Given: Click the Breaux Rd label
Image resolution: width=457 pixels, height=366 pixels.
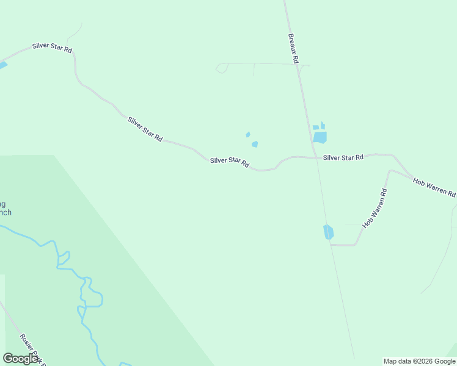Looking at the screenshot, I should click(x=293, y=49).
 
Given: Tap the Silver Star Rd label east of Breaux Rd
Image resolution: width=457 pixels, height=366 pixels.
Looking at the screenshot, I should click(x=343, y=157).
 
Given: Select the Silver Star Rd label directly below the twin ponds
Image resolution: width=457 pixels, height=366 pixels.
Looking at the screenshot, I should click(x=230, y=162).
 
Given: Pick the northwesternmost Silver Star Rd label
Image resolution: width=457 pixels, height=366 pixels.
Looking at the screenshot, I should click(x=53, y=47).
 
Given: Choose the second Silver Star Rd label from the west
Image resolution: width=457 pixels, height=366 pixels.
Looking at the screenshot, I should click(x=145, y=129).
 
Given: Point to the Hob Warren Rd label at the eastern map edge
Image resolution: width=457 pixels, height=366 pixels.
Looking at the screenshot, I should click(x=434, y=187).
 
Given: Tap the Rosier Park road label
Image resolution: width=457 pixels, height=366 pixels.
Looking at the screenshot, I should click(x=31, y=348).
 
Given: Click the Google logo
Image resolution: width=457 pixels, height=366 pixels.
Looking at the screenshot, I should click(x=20, y=359).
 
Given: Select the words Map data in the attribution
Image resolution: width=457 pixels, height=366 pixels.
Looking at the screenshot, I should click(x=397, y=361).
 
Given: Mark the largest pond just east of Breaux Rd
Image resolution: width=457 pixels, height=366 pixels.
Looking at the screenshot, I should click(x=320, y=137).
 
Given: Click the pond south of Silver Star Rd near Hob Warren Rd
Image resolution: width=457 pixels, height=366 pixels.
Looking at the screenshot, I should click(x=329, y=232).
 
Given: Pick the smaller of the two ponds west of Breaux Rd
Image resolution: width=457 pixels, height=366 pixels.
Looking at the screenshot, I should click(x=247, y=135).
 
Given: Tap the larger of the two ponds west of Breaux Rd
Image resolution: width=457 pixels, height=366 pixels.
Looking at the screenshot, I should click(x=255, y=145).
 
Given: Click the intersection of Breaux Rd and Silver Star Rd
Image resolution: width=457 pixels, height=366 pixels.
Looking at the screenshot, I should click(x=316, y=157).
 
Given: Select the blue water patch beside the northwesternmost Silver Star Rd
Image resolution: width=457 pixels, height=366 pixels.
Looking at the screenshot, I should click(x=2, y=65).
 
